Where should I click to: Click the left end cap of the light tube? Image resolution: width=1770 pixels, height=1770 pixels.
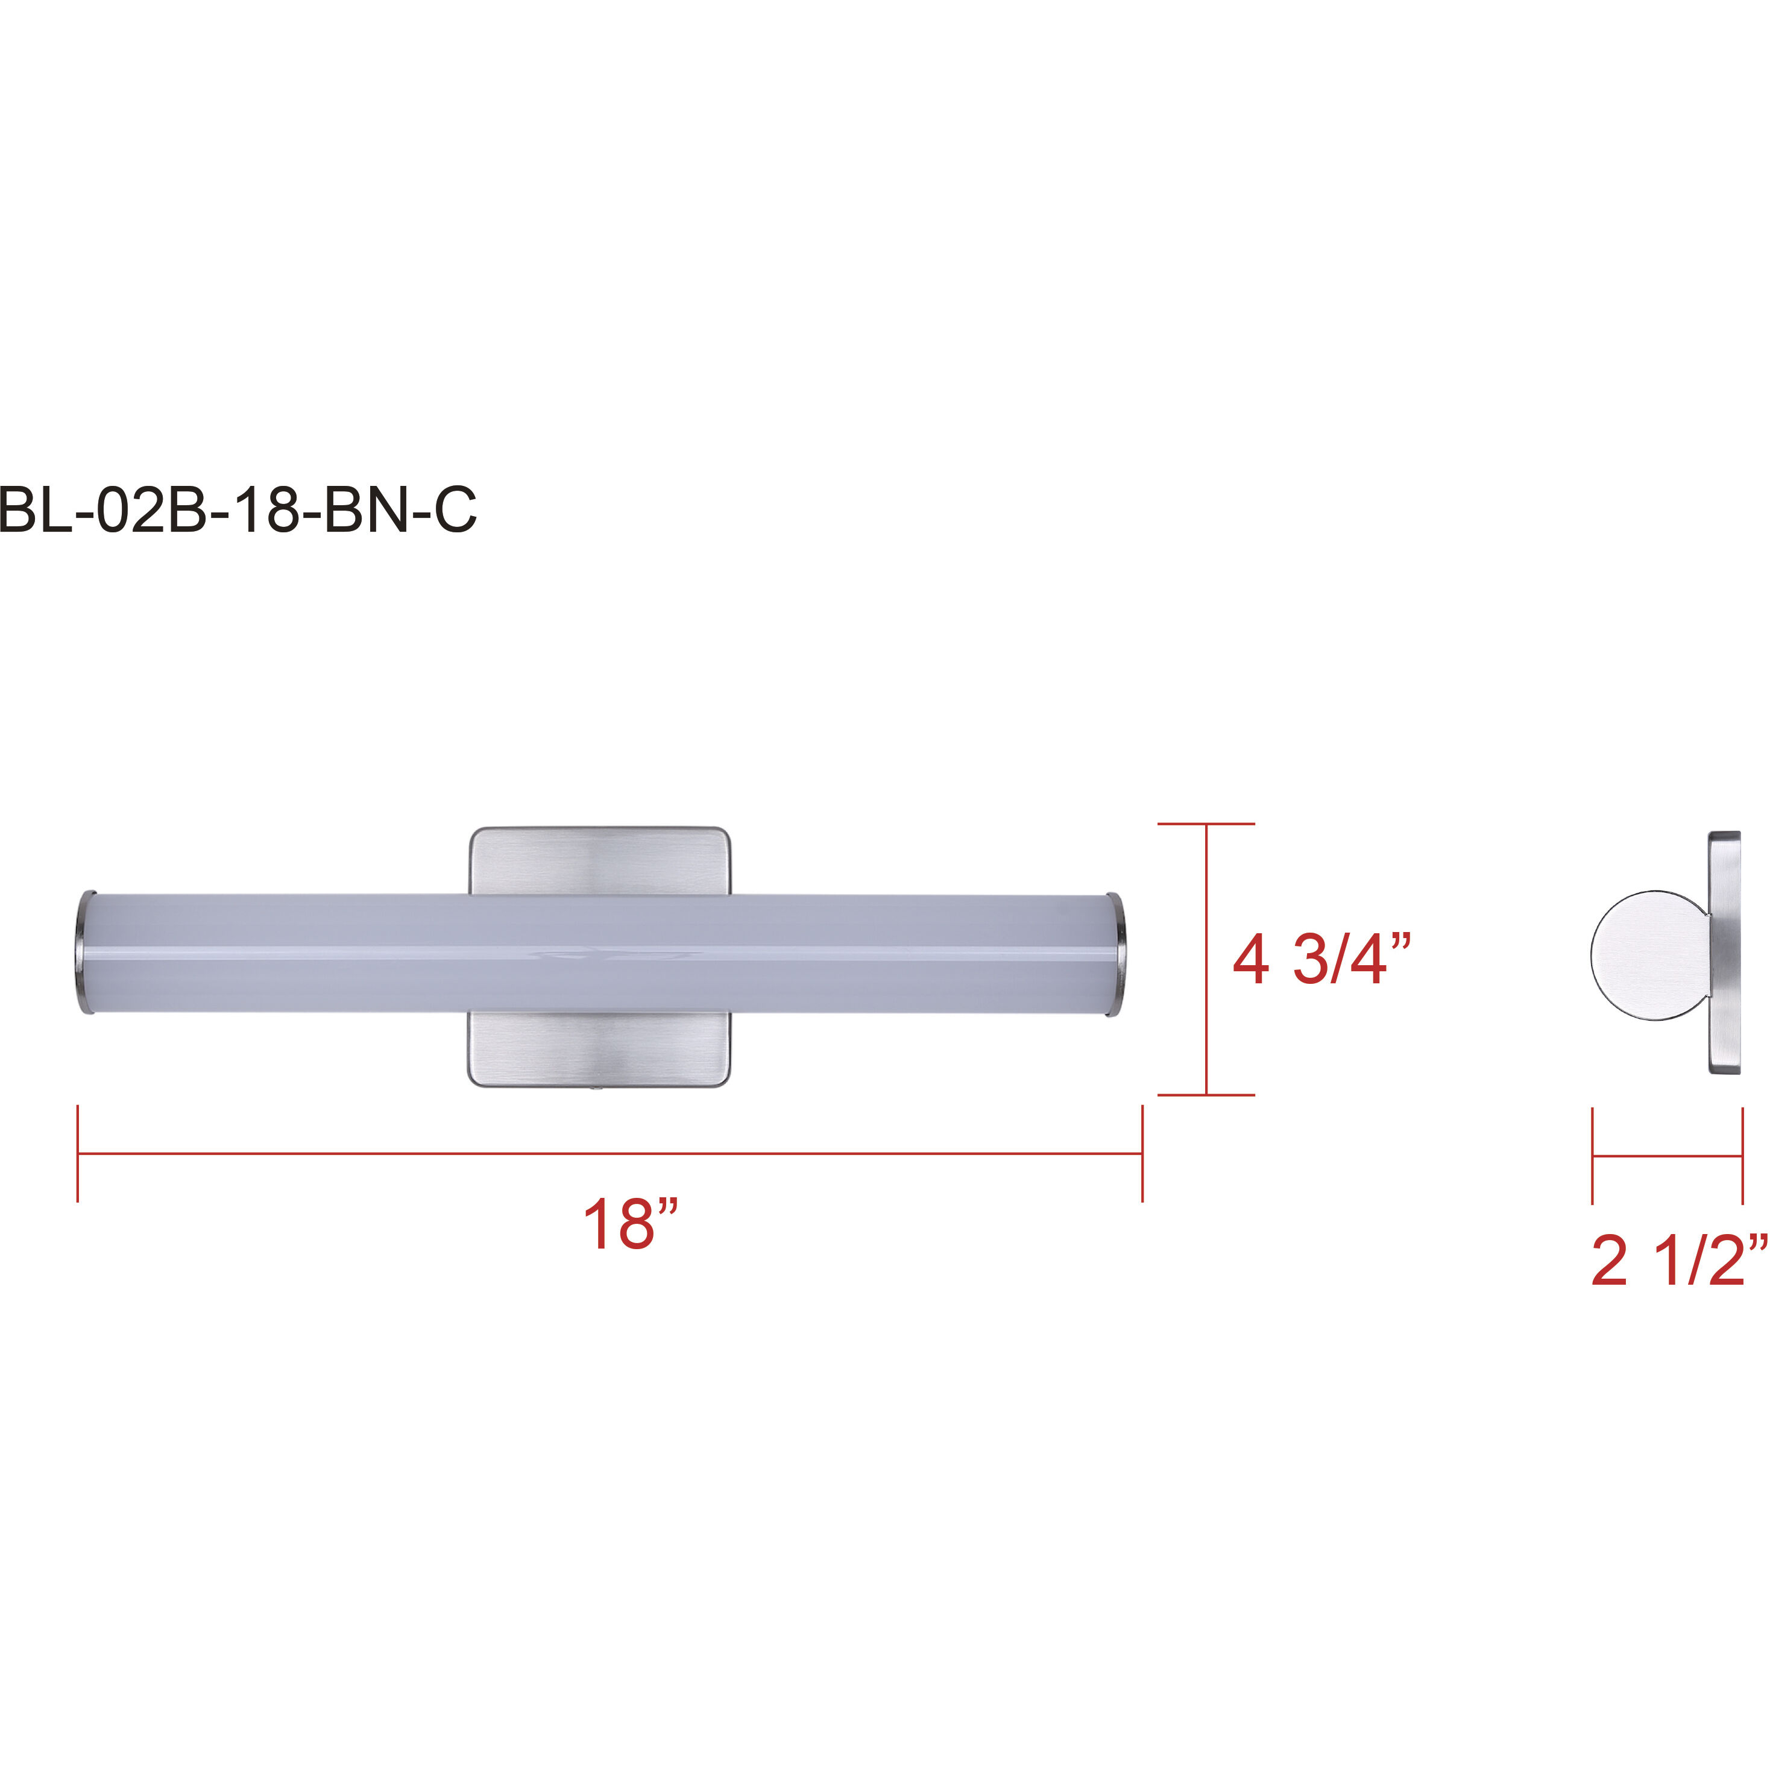[83, 953]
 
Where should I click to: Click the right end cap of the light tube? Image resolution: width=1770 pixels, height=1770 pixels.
[1116, 953]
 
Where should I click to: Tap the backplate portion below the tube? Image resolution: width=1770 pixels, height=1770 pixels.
[600, 1049]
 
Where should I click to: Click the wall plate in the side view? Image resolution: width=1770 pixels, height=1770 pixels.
[1724, 953]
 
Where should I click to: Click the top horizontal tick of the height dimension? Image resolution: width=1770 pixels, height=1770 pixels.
[1206, 824]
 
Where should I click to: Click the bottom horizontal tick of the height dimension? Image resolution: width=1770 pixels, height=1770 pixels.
[1206, 1095]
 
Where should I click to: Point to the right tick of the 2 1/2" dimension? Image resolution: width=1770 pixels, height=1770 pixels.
[1742, 1156]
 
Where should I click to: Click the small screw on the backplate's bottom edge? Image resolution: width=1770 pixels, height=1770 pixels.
[596, 1089]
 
